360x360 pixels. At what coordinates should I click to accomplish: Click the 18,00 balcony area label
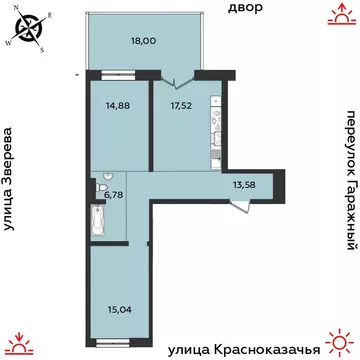point(143,42)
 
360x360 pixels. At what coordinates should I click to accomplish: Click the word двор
point(244,9)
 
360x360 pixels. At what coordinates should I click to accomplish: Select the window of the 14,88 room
point(119,71)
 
